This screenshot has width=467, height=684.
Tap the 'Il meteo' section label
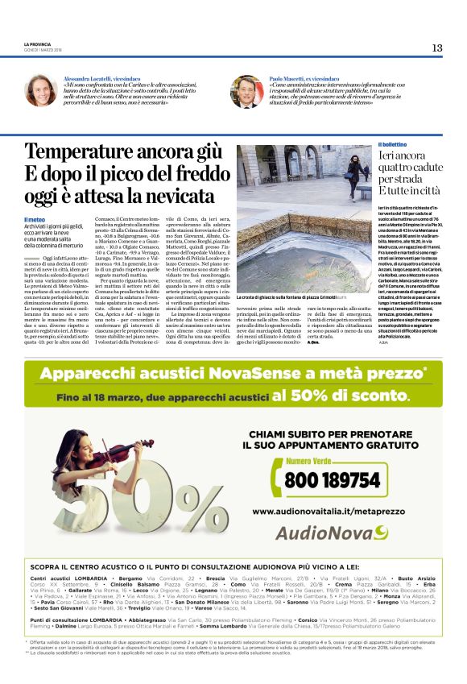click(x=34, y=219)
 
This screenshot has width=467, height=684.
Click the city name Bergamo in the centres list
click(x=130, y=578)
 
